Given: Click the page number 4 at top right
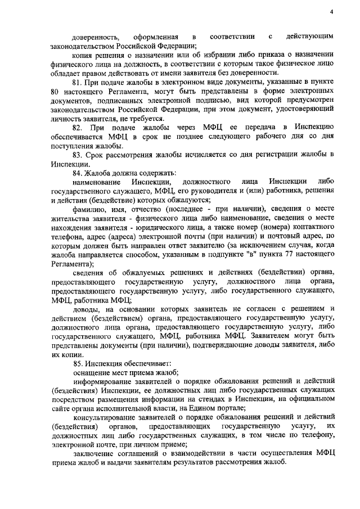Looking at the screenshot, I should (x=332, y=12).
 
